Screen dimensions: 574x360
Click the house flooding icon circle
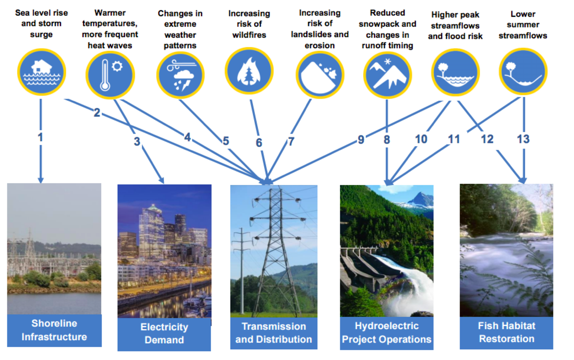[41, 72]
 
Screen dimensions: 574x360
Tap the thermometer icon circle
[110, 75]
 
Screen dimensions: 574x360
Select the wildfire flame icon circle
[249, 70]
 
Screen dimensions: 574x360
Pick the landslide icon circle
[320, 75]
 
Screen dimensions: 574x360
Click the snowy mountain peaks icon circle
[388, 75]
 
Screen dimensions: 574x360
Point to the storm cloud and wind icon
[180, 75]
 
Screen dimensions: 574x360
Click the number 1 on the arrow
[40, 137]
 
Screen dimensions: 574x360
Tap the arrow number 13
[523, 139]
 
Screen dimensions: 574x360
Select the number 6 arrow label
[259, 143]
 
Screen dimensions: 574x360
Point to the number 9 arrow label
[361, 140]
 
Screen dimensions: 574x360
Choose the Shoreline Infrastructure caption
[54, 330]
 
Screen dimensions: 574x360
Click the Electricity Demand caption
[164, 334]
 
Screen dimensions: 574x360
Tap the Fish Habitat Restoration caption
[506, 332]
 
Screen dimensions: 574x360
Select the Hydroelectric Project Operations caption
[387, 332]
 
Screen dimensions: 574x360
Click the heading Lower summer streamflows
[523, 25]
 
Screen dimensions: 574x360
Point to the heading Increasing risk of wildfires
[249, 24]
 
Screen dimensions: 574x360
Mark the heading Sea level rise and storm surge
[41, 23]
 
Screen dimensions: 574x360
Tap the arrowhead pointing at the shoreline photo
[41, 180]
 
